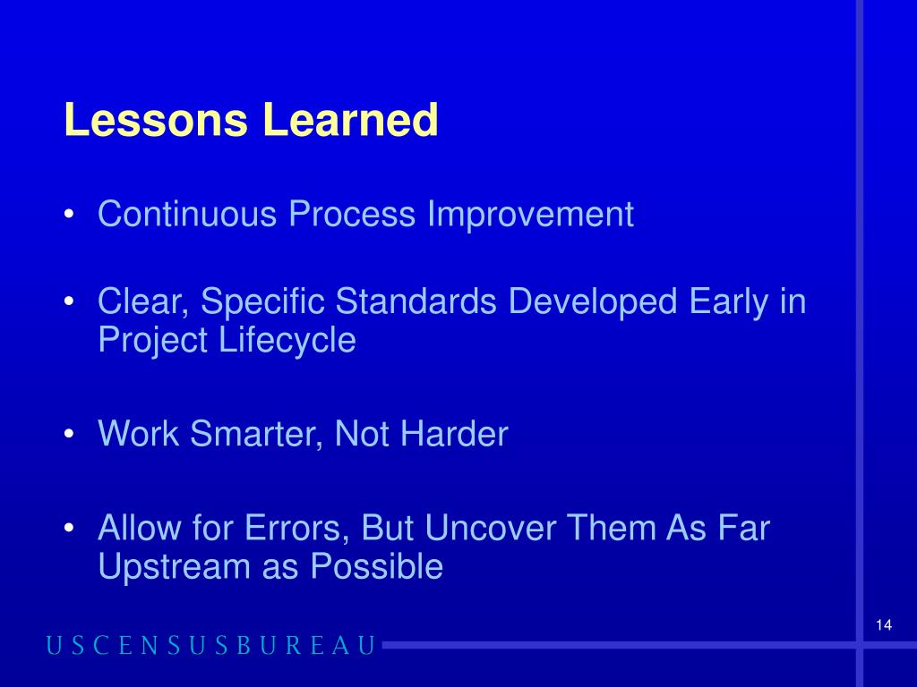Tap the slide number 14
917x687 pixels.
884,625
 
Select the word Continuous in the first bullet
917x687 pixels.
187,214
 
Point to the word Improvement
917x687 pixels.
530,214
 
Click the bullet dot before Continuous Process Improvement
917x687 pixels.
69,214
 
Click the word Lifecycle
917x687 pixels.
287,340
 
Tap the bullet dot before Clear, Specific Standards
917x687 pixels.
69,301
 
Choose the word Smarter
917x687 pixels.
256,434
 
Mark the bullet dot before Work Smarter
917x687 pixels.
69,434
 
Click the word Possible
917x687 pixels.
377,566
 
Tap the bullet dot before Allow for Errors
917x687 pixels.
69,528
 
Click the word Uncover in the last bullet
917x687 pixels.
490,528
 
